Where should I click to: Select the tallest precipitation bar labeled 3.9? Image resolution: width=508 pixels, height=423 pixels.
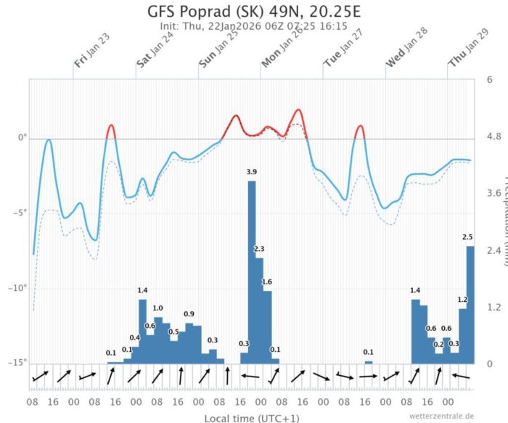point(252,272)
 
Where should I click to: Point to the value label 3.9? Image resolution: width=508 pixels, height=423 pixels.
point(252,171)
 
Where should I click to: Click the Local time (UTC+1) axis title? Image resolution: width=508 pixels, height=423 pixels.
point(251,418)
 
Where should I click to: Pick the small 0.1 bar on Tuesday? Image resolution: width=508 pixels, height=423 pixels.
point(369,362)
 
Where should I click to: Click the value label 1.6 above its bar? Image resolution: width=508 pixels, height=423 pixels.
point(266,282)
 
